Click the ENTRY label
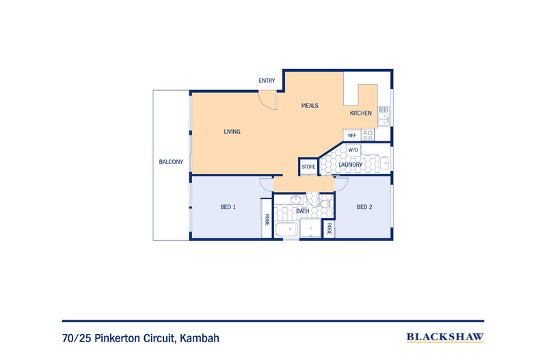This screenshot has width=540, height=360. click(x=267, y=81)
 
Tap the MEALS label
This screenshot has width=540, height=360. click(x=310, y=106)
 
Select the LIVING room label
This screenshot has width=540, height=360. click(x=232, y=131)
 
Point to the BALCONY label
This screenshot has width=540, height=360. click(x=171, y=162)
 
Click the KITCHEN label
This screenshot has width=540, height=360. click(x=361, y=113)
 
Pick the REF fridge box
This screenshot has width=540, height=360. click(x=352, y=135)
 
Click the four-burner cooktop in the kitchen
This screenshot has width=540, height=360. click(x=368, y=135)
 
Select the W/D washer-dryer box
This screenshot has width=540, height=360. click(x=353, y=150)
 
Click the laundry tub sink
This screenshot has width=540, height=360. click(x=384, y=163)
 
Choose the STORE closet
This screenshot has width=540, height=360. click(x=308, y=167)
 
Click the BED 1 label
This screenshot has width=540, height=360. click(x=228, y=207)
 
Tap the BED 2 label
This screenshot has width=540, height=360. click(x=364, y=207)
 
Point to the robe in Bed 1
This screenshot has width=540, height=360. click(x=267, y=218)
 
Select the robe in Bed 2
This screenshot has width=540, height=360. click(x=329, y=229)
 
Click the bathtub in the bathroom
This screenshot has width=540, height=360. click(x=286, y=230)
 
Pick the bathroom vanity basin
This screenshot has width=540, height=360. click(x=295, y=199)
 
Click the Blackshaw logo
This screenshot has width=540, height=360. click(x=445, y=337)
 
